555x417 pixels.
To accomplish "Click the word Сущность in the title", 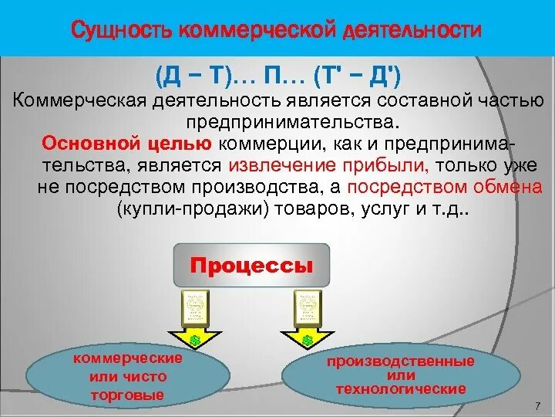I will (121, 31).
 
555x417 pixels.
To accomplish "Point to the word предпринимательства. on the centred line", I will (291, 122).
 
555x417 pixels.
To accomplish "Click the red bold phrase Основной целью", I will (127, 144).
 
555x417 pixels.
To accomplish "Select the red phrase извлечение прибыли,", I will (329, 165).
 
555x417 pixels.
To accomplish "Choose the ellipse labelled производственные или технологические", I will (400, 375).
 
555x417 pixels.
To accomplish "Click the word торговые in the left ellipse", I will (128, 395).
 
